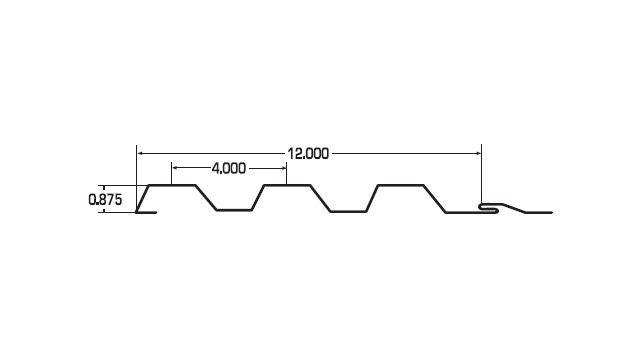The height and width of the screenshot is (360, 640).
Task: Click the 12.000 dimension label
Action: tap(308, 154)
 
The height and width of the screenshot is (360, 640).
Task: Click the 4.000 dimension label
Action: tap(229, 168)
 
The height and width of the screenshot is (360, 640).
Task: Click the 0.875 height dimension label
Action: tap(105, 200)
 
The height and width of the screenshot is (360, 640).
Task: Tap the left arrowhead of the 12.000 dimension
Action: tap(140, 153)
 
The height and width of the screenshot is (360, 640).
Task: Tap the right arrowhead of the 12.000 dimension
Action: tap(478, 153)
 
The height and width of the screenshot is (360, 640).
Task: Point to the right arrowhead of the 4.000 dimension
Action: tap(283, 168)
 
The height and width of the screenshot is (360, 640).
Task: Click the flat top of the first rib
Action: tap(172, 185)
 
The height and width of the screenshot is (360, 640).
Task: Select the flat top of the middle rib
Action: tap(287, 185)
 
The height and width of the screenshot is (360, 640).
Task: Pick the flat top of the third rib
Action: tap(401, 185)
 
